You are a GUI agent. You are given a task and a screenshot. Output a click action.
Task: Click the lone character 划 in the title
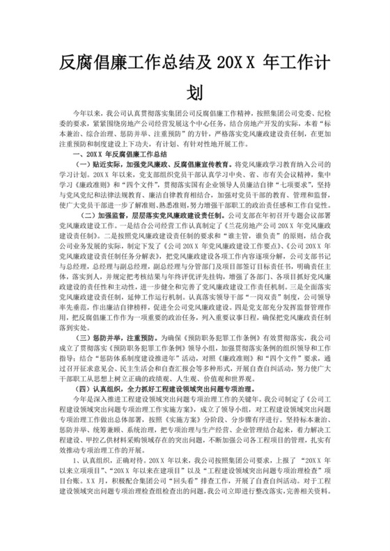[195, 92]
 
